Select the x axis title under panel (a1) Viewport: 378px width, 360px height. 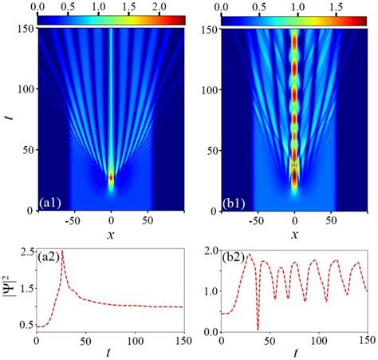111,236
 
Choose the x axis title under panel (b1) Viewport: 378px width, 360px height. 295,236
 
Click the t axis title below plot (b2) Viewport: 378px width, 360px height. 295,353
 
